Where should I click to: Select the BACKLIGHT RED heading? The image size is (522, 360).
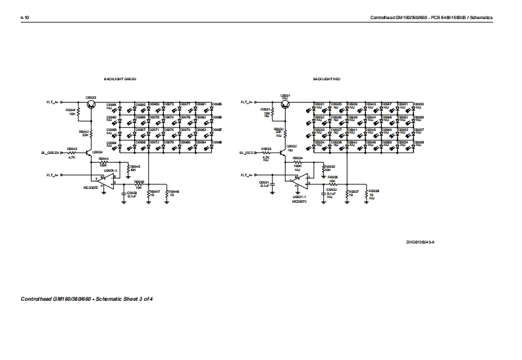point(326,79)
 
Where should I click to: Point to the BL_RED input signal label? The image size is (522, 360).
point(246,152)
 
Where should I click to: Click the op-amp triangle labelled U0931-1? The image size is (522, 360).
point(298,179)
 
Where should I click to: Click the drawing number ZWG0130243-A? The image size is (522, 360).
point(421,242)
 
